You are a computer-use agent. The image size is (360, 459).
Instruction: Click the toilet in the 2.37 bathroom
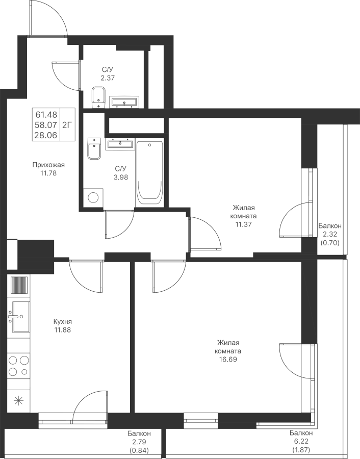98,96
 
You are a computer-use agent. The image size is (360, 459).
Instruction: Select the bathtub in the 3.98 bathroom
149,173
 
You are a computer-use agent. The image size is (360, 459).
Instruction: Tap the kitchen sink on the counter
19,317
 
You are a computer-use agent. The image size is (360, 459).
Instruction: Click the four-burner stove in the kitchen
19,366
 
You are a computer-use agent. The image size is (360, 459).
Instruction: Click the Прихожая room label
48,165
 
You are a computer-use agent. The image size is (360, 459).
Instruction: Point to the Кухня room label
62,322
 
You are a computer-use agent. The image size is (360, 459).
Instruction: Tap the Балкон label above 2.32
330,225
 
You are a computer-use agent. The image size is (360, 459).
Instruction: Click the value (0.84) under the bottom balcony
139,450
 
